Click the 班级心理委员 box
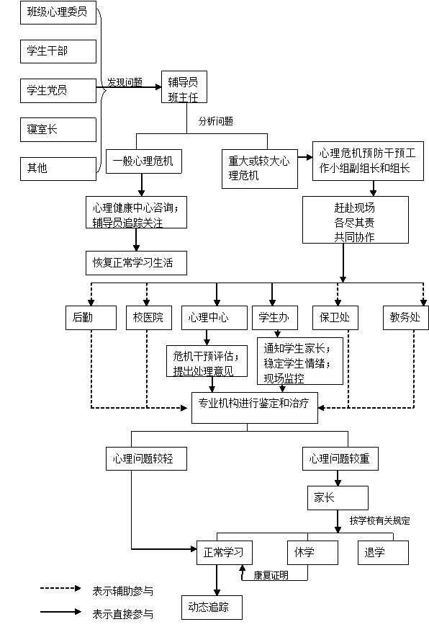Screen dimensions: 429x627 [x=58, y=12]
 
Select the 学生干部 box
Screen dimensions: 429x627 [x=58, y=51]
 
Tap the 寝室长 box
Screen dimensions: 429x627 [x=58, y=130]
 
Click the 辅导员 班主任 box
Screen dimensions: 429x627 [x=184, y=86]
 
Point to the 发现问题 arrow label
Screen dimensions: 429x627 [x=125, y=82]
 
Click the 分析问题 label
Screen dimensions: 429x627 [x=216, y=121]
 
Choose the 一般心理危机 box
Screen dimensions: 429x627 [x=144, y=161]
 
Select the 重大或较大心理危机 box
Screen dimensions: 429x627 [x=260, y=169]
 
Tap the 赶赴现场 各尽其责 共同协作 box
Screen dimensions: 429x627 [x=356, y=220]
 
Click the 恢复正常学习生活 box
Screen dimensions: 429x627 [x=136, y=263]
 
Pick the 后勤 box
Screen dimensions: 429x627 [x=91, y=318]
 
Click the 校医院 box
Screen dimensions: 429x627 [x=149, y=318]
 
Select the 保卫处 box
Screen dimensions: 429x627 [x=335, y=318]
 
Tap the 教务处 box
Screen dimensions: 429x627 [x=406, y=318]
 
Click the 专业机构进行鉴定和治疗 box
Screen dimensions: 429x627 [x=255, y=407]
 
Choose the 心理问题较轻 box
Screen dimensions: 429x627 [x=147, y=458]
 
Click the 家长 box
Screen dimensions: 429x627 [x=338, y=498]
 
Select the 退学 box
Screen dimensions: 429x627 [x=383, y=553]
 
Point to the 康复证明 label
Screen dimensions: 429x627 [x=271, y=575]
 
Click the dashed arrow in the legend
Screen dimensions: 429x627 [x=60, y=588]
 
